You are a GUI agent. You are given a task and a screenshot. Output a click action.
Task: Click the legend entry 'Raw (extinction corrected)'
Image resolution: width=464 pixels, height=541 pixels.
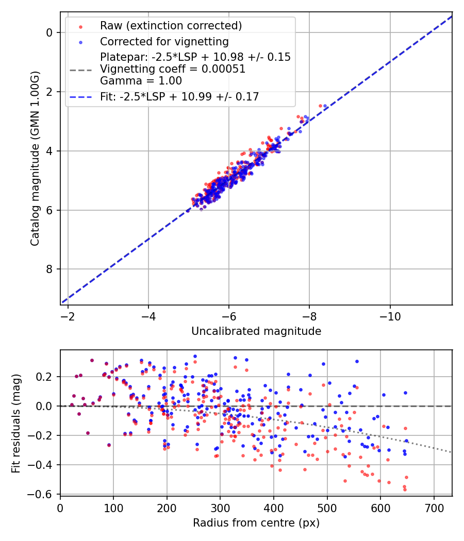pos(171,26)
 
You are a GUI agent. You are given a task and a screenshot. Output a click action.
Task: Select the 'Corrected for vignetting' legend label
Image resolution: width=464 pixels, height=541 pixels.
pos(164,41)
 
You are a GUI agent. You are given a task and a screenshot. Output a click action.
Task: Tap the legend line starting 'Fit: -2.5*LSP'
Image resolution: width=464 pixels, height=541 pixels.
pos(179,96)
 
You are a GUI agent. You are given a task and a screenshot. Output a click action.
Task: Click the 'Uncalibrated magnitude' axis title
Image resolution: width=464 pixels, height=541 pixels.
pos(256,331)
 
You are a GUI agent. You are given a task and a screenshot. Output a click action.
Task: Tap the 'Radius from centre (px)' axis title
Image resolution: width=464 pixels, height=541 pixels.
pos(256,523)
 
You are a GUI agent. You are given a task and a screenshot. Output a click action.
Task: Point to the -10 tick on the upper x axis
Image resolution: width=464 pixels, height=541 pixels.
pos(390,315)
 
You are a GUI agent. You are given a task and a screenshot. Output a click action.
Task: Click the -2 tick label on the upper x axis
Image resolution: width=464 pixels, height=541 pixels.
pos(68,315)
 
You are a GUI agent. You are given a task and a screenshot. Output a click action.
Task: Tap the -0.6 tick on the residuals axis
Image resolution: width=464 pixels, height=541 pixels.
pos(43,495)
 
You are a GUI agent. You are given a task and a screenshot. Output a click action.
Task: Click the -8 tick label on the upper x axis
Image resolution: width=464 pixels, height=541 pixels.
pos(309,315)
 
